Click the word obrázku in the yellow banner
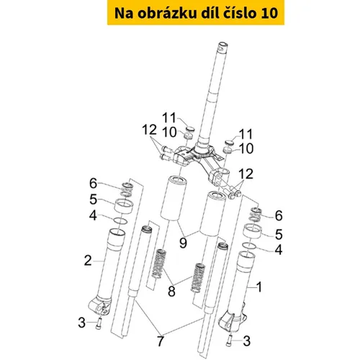[166, 13]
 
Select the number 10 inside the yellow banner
[269, 14]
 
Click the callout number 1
[259, 287]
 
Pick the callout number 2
[88, 261]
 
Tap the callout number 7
[161, 341]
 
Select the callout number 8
[171, 292]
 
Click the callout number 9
[183, 243]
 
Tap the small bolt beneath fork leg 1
[229, 341]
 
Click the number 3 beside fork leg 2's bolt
[81, 323]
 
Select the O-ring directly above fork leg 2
[120, 221]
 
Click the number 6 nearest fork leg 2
[93, 183]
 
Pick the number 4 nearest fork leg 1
[278, 250]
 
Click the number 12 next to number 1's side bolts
[246, 174]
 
